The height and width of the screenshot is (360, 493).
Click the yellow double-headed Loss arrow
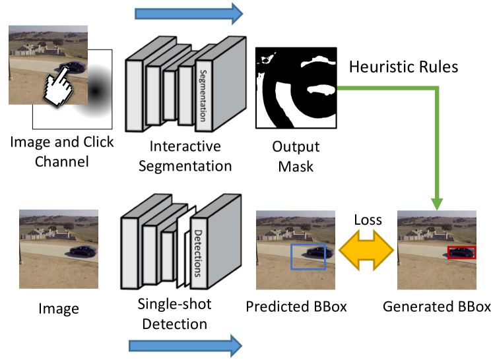tap(366, 250)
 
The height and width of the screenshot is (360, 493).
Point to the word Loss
tap(368, 220)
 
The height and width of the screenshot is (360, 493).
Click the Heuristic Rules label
tap(404, 67)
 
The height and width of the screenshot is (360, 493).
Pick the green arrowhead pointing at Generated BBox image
tap(437, 204)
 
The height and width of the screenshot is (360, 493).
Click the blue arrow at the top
tap(189, 14)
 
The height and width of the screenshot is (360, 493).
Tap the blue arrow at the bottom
tap(185, 346)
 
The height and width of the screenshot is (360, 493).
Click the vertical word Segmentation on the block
tap(203, 96)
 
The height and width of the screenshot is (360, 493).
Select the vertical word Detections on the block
tap(197, 253)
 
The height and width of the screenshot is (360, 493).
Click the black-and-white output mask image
tap(296, 88)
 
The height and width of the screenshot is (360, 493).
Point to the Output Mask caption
tap(296, 156)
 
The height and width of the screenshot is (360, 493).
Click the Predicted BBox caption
tap(296, 307)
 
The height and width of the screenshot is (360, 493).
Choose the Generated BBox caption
tap(437, 307)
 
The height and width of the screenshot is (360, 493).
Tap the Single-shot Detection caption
tap(174, 314)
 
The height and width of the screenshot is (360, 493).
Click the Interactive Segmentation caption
tap(185, 156)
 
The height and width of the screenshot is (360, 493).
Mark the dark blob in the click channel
tap(95, 91)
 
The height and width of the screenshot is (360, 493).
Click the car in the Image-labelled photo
tap(84, 251)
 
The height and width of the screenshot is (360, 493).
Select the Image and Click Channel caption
tap(61, 152)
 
